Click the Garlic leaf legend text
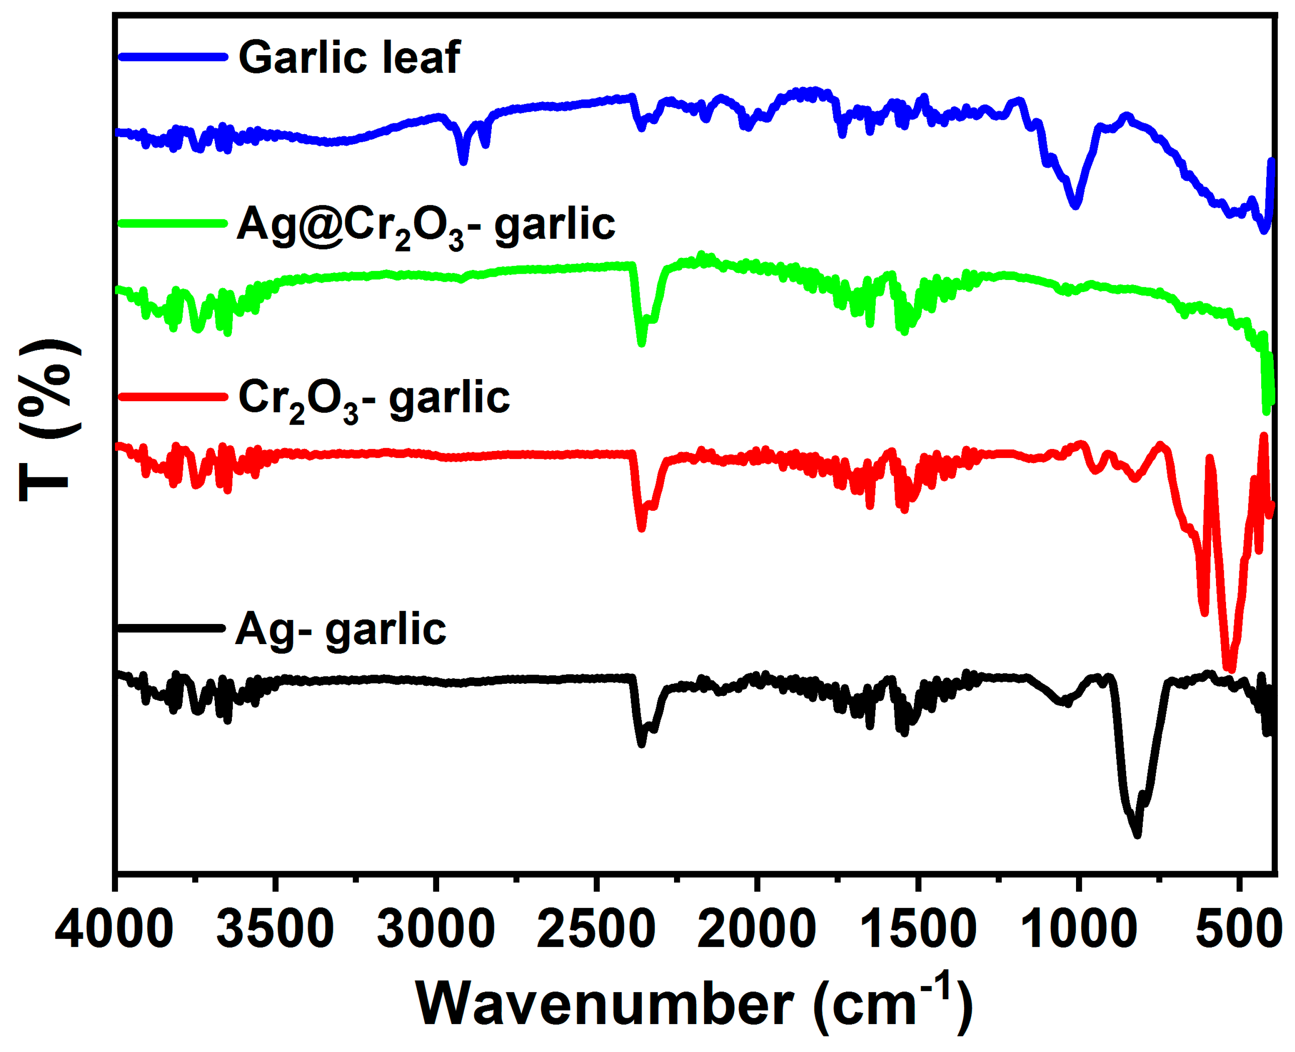[349, 58]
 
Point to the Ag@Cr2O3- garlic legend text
[426, 225]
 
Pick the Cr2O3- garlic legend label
[374, 399]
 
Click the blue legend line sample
[173, 57]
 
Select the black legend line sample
[171, 629]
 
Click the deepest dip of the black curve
[1137, 835]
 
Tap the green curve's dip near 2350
[642, 344]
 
